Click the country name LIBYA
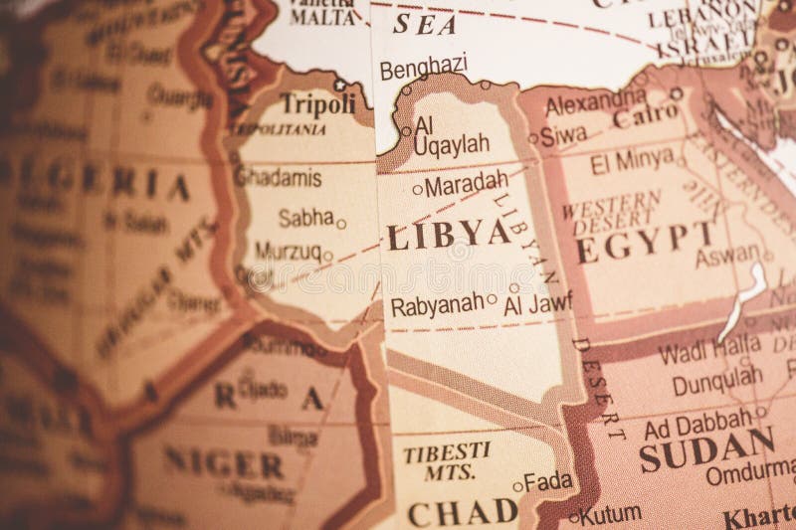[x=449, y=235]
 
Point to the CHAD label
[x=463, y=512]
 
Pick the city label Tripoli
[x=317, y=102]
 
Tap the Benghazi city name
[x=423, y=67]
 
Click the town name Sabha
[x=305, y=218]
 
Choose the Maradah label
[x=466, y=185]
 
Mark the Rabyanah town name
[x=437, y=305]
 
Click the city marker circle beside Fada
[x=518, y=486]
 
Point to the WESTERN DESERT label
[x=610, y=206]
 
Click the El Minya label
[x=632, y=161]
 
